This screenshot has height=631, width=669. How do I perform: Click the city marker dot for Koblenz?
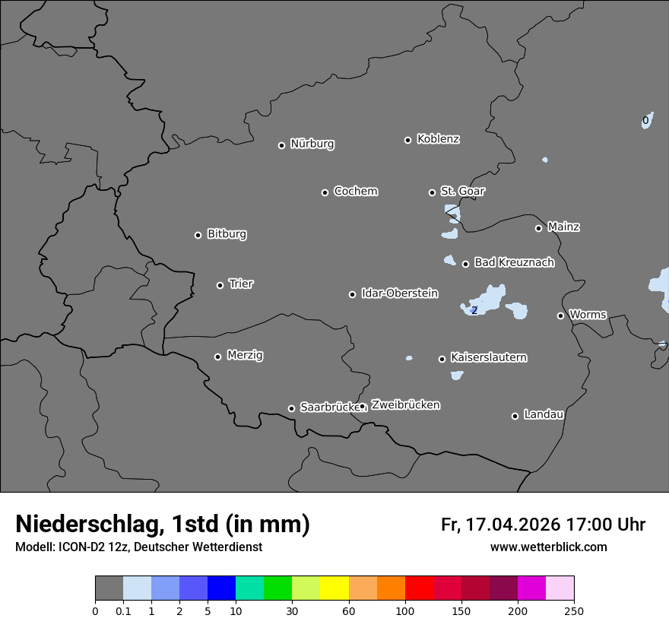(407, 140)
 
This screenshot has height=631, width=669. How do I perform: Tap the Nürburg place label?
(312, 144)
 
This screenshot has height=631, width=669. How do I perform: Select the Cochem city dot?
(325, 192)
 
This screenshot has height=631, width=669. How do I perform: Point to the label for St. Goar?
(462, 191)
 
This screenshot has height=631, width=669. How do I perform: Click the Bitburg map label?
(227, 234)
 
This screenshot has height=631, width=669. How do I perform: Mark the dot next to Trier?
(220, 285)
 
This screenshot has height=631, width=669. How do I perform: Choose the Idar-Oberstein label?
(399, 293)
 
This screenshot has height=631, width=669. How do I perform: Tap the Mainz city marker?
(538, 228)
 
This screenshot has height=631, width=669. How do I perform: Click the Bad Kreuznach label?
(514, 262)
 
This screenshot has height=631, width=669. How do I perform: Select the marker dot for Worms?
(560, 315)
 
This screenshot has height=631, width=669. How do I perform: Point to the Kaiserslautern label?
(488, 357)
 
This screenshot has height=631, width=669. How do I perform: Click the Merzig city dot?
(217, 357)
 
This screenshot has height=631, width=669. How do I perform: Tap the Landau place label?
(544, 414)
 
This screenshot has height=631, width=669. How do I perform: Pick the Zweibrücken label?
(405, 405)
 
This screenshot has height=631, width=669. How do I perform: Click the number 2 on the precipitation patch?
(474, 310)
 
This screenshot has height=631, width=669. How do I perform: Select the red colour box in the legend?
(419, 588)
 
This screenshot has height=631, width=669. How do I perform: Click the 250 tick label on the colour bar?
(574, 610)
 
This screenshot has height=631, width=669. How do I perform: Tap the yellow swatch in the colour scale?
(334, 588)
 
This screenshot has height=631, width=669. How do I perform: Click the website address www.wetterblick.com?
(548, 547)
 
